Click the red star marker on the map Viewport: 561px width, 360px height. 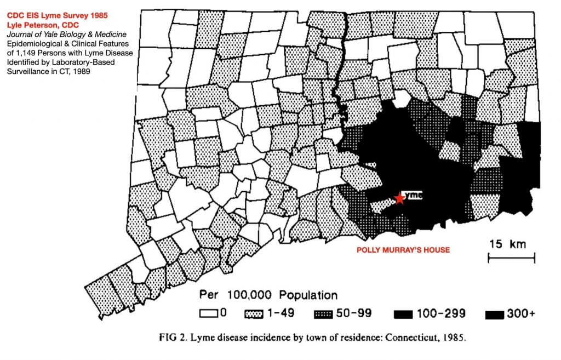400,198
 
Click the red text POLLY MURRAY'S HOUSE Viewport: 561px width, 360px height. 403,250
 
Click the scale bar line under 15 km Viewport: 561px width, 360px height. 511,256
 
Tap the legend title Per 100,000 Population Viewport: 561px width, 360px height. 268,295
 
